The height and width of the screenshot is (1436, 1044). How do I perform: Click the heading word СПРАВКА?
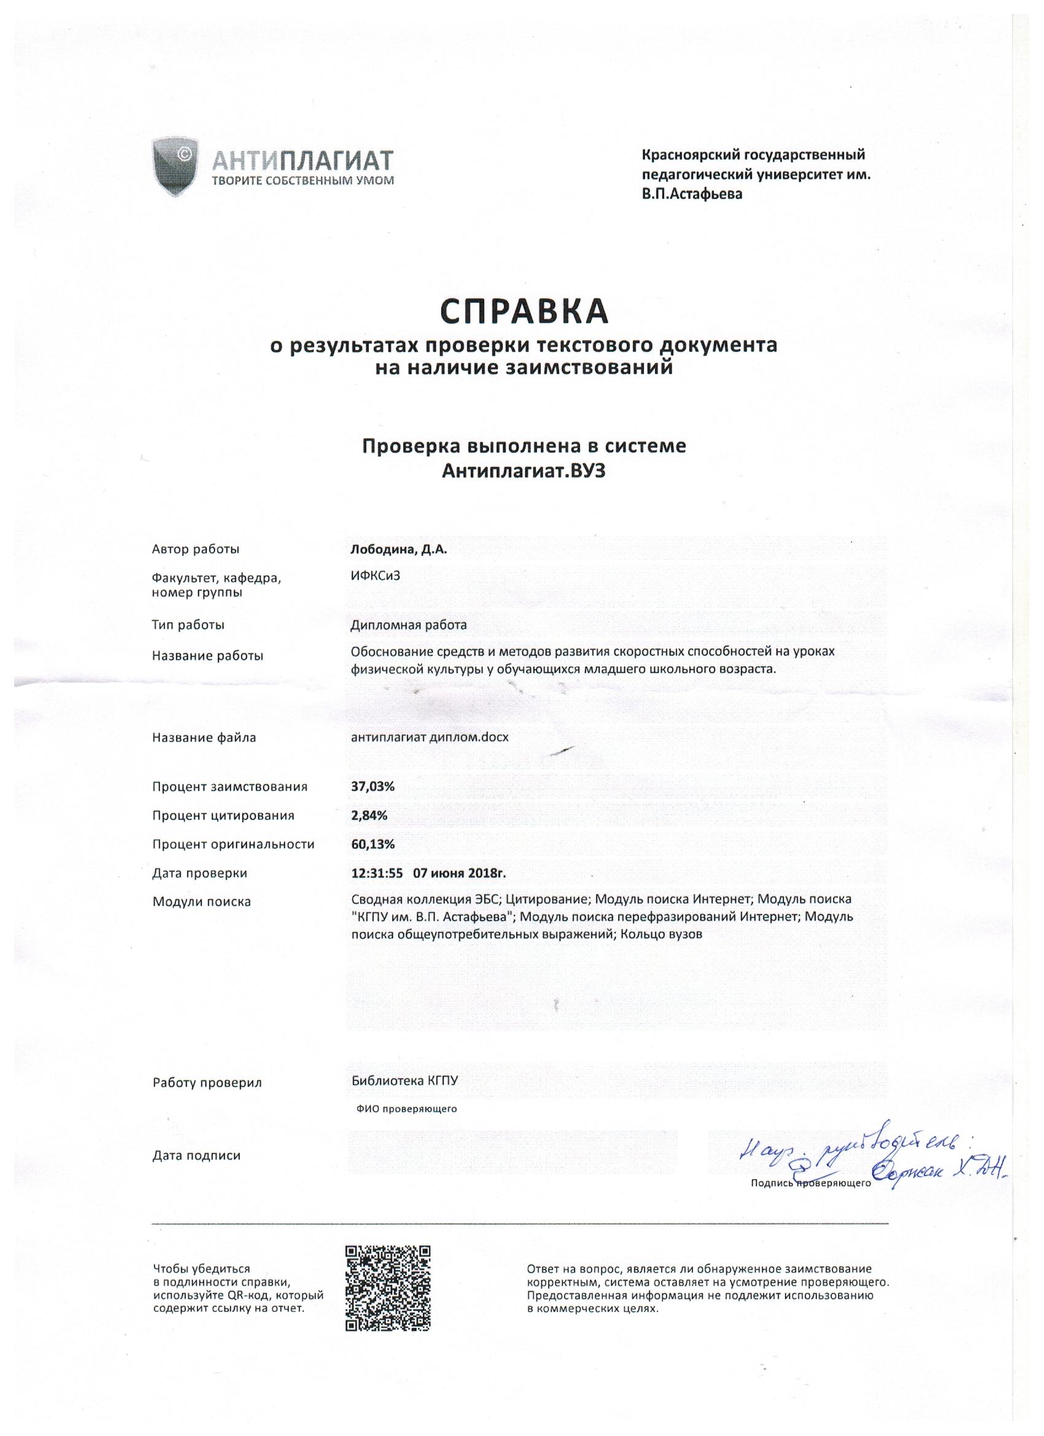coord(524,311)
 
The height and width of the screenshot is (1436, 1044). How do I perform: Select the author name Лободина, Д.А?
coord(399,550)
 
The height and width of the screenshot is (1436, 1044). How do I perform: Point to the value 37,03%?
coord(373,786)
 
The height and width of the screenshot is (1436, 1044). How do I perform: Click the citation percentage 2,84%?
coord(369,816)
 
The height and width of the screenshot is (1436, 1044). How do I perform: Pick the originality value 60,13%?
coord(373,844)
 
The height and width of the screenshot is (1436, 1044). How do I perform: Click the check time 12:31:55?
coord(376,873)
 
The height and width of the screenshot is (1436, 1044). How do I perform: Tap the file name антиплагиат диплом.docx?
coord(430,737)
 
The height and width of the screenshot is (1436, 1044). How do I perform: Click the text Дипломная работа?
coord(408,625)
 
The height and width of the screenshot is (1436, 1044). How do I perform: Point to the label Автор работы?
coord(196,550)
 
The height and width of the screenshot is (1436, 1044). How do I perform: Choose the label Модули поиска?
coord(201,902)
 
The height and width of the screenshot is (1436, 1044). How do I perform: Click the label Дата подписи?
coord(197,1155)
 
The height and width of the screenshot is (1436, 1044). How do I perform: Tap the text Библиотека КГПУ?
coord(404,1081)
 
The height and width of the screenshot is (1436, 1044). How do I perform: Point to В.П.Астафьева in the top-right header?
coord(692,194)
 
